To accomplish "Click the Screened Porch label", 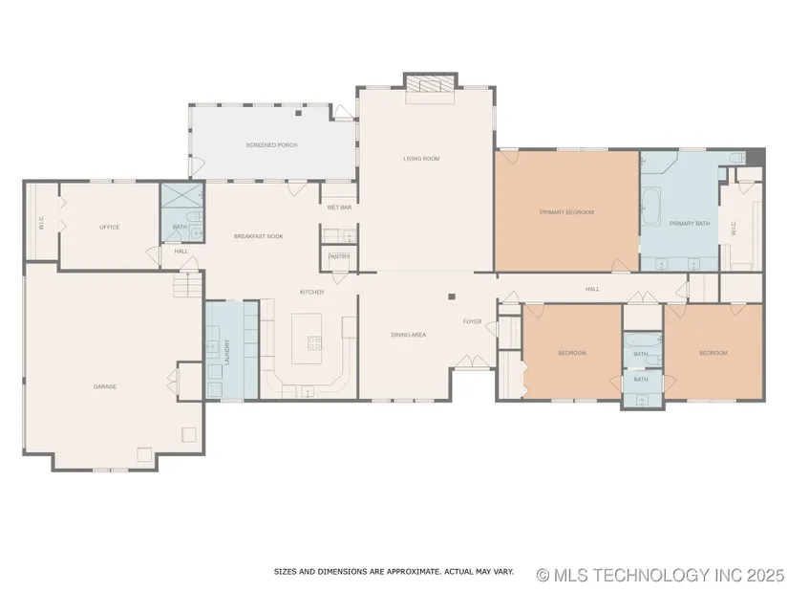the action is coord(271,145).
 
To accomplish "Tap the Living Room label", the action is coord(421,159).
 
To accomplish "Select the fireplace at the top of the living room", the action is coord(431,84).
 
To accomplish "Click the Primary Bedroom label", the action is coord(566,212).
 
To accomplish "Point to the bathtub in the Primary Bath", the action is coord(651,207).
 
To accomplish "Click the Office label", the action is coord(110,227).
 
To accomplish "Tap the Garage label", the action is coord(104,386).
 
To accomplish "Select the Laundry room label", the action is coord(227,352).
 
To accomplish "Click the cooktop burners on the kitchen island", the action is coord(314,342).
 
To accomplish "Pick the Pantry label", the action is coord(339,256).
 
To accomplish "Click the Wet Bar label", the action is coord(339,208).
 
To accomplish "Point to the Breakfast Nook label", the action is coord(258,236).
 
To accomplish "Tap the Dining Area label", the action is coord(408,335).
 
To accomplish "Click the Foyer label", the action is coord(472,321).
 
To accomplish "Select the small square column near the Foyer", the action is coord(452,296).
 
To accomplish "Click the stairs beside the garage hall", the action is coord(187,285).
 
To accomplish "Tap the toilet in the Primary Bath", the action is coord(737,158).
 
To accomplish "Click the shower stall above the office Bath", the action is coord(181,195).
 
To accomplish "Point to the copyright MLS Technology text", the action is coord(660,575).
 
